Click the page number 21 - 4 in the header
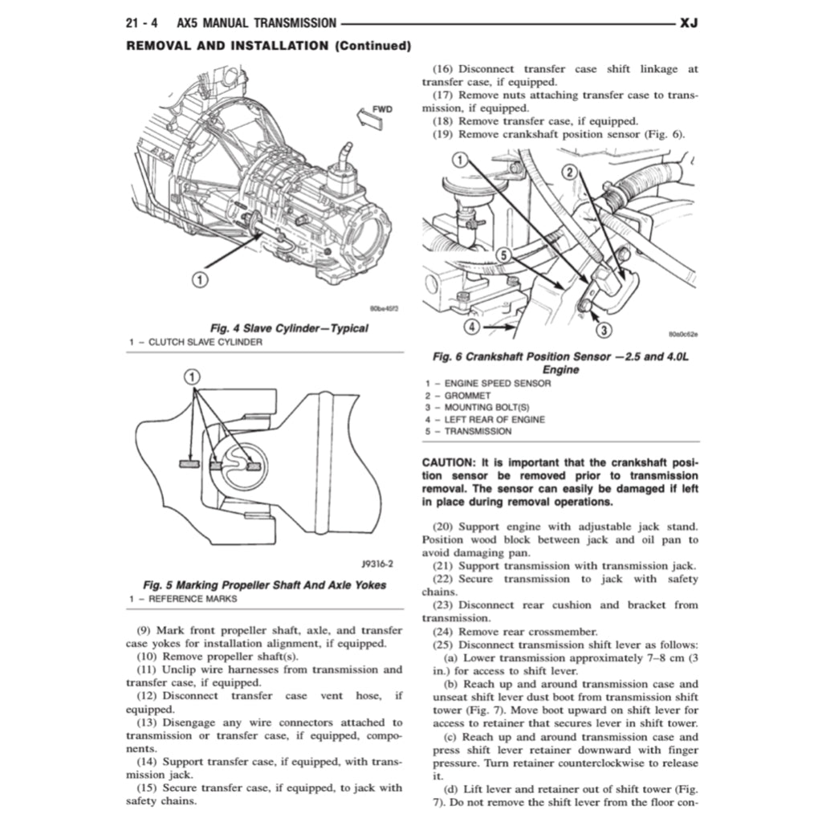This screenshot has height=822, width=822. click(x=141, y=24)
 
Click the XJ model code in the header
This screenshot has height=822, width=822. click(x=688, y=24)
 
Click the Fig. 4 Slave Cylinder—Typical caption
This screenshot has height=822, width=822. click(x=288, y=328)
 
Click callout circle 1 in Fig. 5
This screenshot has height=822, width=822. click(x=193, y=377)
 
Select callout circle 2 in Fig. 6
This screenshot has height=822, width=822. click(x=568, y=173)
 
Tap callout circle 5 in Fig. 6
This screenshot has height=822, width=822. click(x=503, y=255)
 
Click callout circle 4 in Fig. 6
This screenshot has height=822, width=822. click(x=473, y=327)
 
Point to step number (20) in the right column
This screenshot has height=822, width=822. click(x=448, y=527)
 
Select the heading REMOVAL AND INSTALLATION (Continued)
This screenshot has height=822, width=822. click(x=269, y=46)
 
